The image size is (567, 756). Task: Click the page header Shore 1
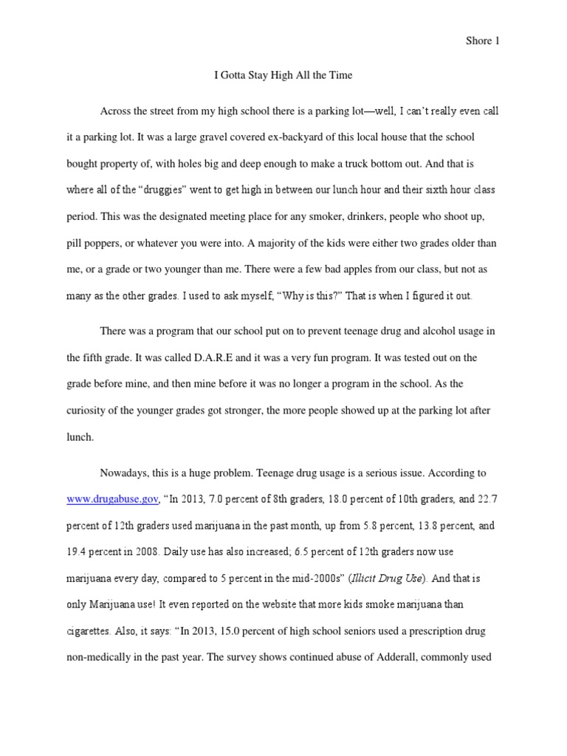click(483, 41)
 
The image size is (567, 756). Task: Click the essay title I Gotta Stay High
click(283, 75)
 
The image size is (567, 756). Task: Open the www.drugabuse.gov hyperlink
click(112, 499)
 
